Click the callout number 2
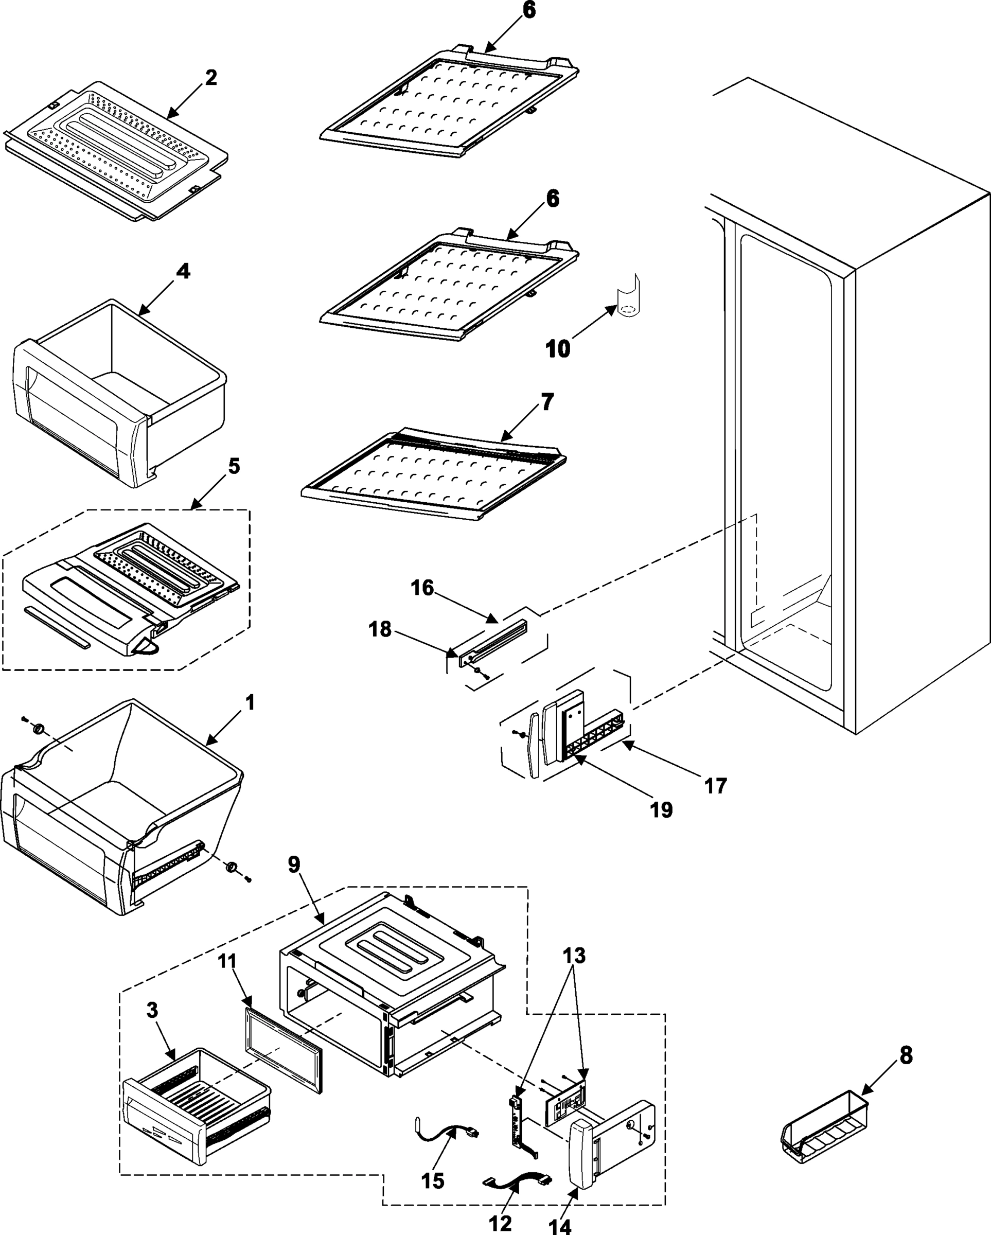(211, 78)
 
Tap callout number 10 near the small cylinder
(557, 348)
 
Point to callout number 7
(547, 402)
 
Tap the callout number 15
(433, 1180)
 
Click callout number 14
(560, 1225)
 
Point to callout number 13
(574, 956)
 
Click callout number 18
(379, 629)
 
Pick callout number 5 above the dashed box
(234, 466)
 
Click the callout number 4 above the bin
(182, 271)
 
